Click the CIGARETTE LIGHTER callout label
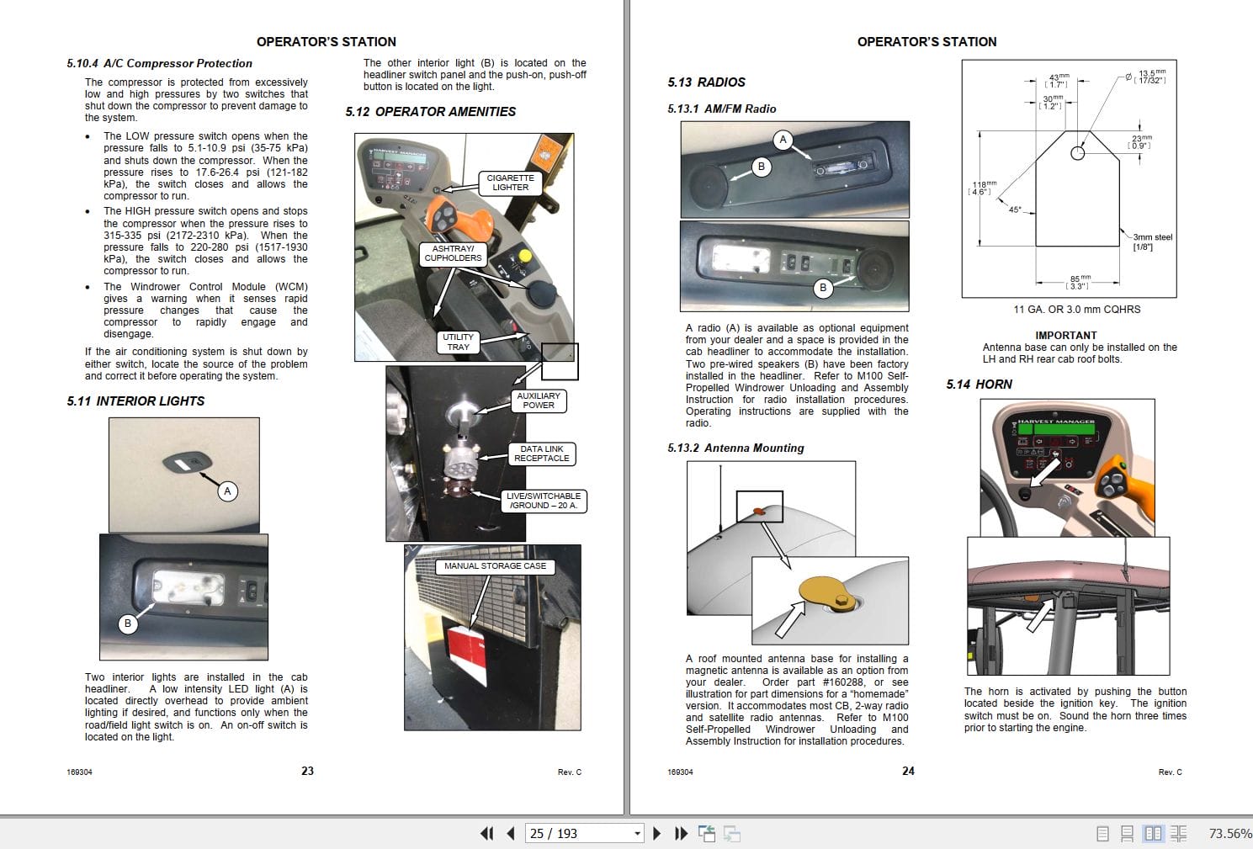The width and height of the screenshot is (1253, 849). pos(510,183)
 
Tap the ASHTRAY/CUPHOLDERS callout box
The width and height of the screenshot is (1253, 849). pos(453,253)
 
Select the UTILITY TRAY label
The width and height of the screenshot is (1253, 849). pos(458,342)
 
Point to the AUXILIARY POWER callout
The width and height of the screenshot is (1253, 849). pos(539,401)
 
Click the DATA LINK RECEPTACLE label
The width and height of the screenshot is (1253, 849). pos(542,454)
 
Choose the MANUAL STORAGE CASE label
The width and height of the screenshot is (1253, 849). pos(495,566)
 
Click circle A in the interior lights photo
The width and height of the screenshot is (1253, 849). pos(227,491)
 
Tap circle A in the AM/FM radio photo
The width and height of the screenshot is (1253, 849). pos(783,140)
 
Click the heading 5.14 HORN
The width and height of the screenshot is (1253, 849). pos(979,385)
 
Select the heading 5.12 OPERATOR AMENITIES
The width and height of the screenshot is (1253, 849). pos(430,112)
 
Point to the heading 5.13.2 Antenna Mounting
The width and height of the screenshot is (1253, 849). pos(735,448)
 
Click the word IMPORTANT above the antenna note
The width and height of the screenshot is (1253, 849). pos(1065,335)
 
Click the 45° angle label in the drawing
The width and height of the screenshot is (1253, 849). pos(1015,210)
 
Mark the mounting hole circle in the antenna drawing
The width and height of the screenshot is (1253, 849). pos(1077,153)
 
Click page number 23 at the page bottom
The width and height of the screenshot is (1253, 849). pos(307,771)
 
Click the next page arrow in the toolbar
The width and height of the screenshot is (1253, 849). pos(657,833)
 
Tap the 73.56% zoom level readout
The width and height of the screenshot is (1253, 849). pos(1229,833)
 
